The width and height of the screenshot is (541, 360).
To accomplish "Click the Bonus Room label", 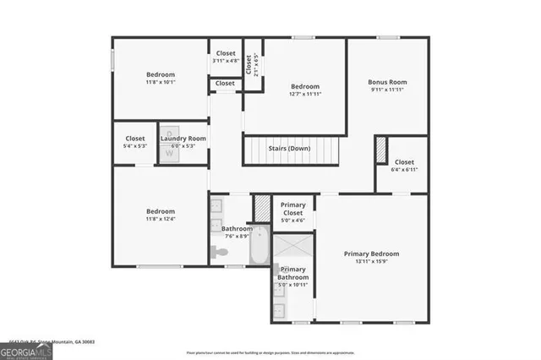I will coord(388,82).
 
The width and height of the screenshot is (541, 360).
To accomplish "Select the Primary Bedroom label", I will coord(371,254).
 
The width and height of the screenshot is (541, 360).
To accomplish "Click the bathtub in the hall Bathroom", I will coord(259,245).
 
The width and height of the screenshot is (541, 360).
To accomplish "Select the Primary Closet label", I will coord(293,208).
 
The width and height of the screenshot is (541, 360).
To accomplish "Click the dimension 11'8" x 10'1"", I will coord(161,83).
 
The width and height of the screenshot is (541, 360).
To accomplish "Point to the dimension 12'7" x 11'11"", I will coord(305,95).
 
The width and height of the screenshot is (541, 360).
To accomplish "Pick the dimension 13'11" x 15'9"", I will coord(371,262).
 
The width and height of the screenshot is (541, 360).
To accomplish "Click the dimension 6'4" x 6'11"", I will coord(404,170).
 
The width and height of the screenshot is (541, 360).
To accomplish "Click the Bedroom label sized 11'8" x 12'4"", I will coord(161,211).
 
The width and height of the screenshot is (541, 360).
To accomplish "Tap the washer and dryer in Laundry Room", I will coord(169,138).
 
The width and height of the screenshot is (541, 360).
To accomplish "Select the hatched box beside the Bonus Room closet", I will coord(380,150).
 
